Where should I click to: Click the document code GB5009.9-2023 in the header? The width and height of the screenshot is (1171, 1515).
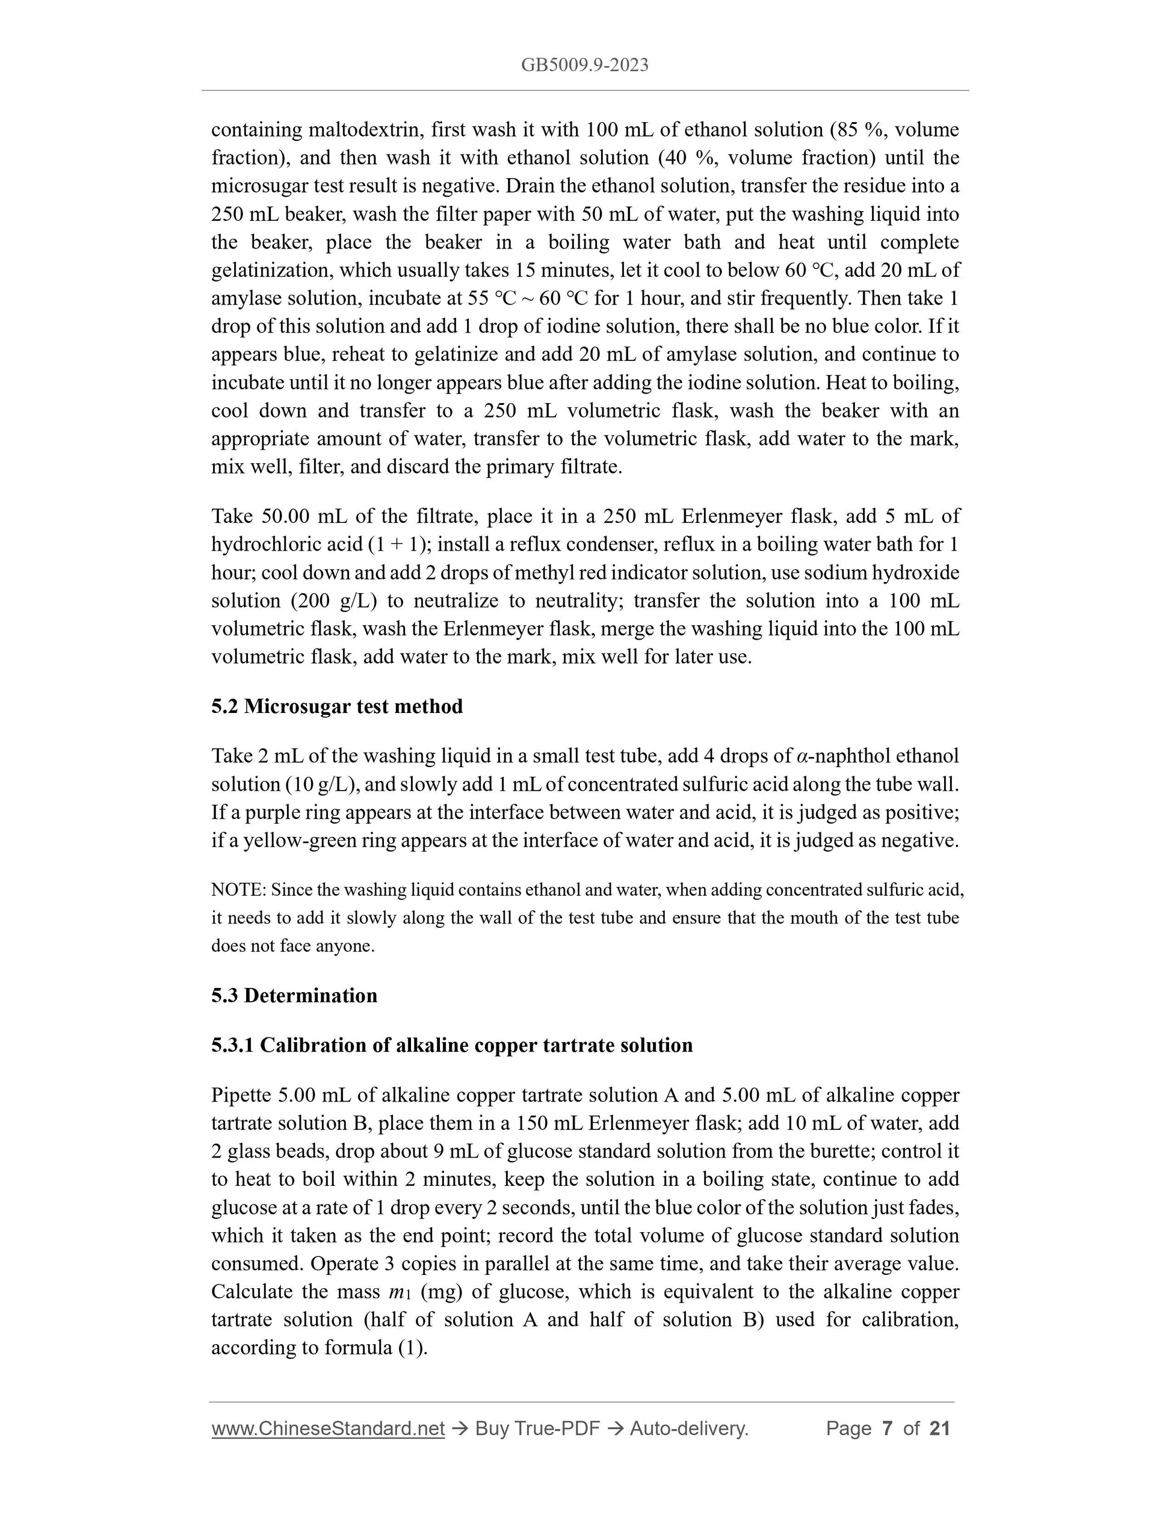pyautogui.click(x=585, y=65)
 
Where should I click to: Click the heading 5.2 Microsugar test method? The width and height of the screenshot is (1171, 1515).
pyautogui.click(x=336, y=706)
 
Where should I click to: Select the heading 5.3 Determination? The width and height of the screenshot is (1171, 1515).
pyautogui.click(x=294, y=995)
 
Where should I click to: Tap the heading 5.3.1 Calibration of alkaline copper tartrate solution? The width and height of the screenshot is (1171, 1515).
pyautogui.click(x=452, y=1044)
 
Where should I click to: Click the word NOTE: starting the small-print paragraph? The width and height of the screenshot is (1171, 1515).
pyautogui.click(x=239, y=890)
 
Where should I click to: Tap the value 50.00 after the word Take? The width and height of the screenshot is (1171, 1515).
pyautogui.click(x=286, y=516)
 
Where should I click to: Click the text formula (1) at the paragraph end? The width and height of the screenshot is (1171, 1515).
pyautogui.click(x=375, y=1348)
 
